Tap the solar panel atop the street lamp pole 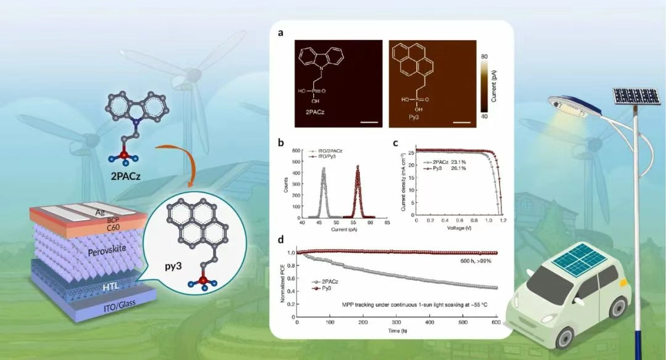point(635,96)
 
